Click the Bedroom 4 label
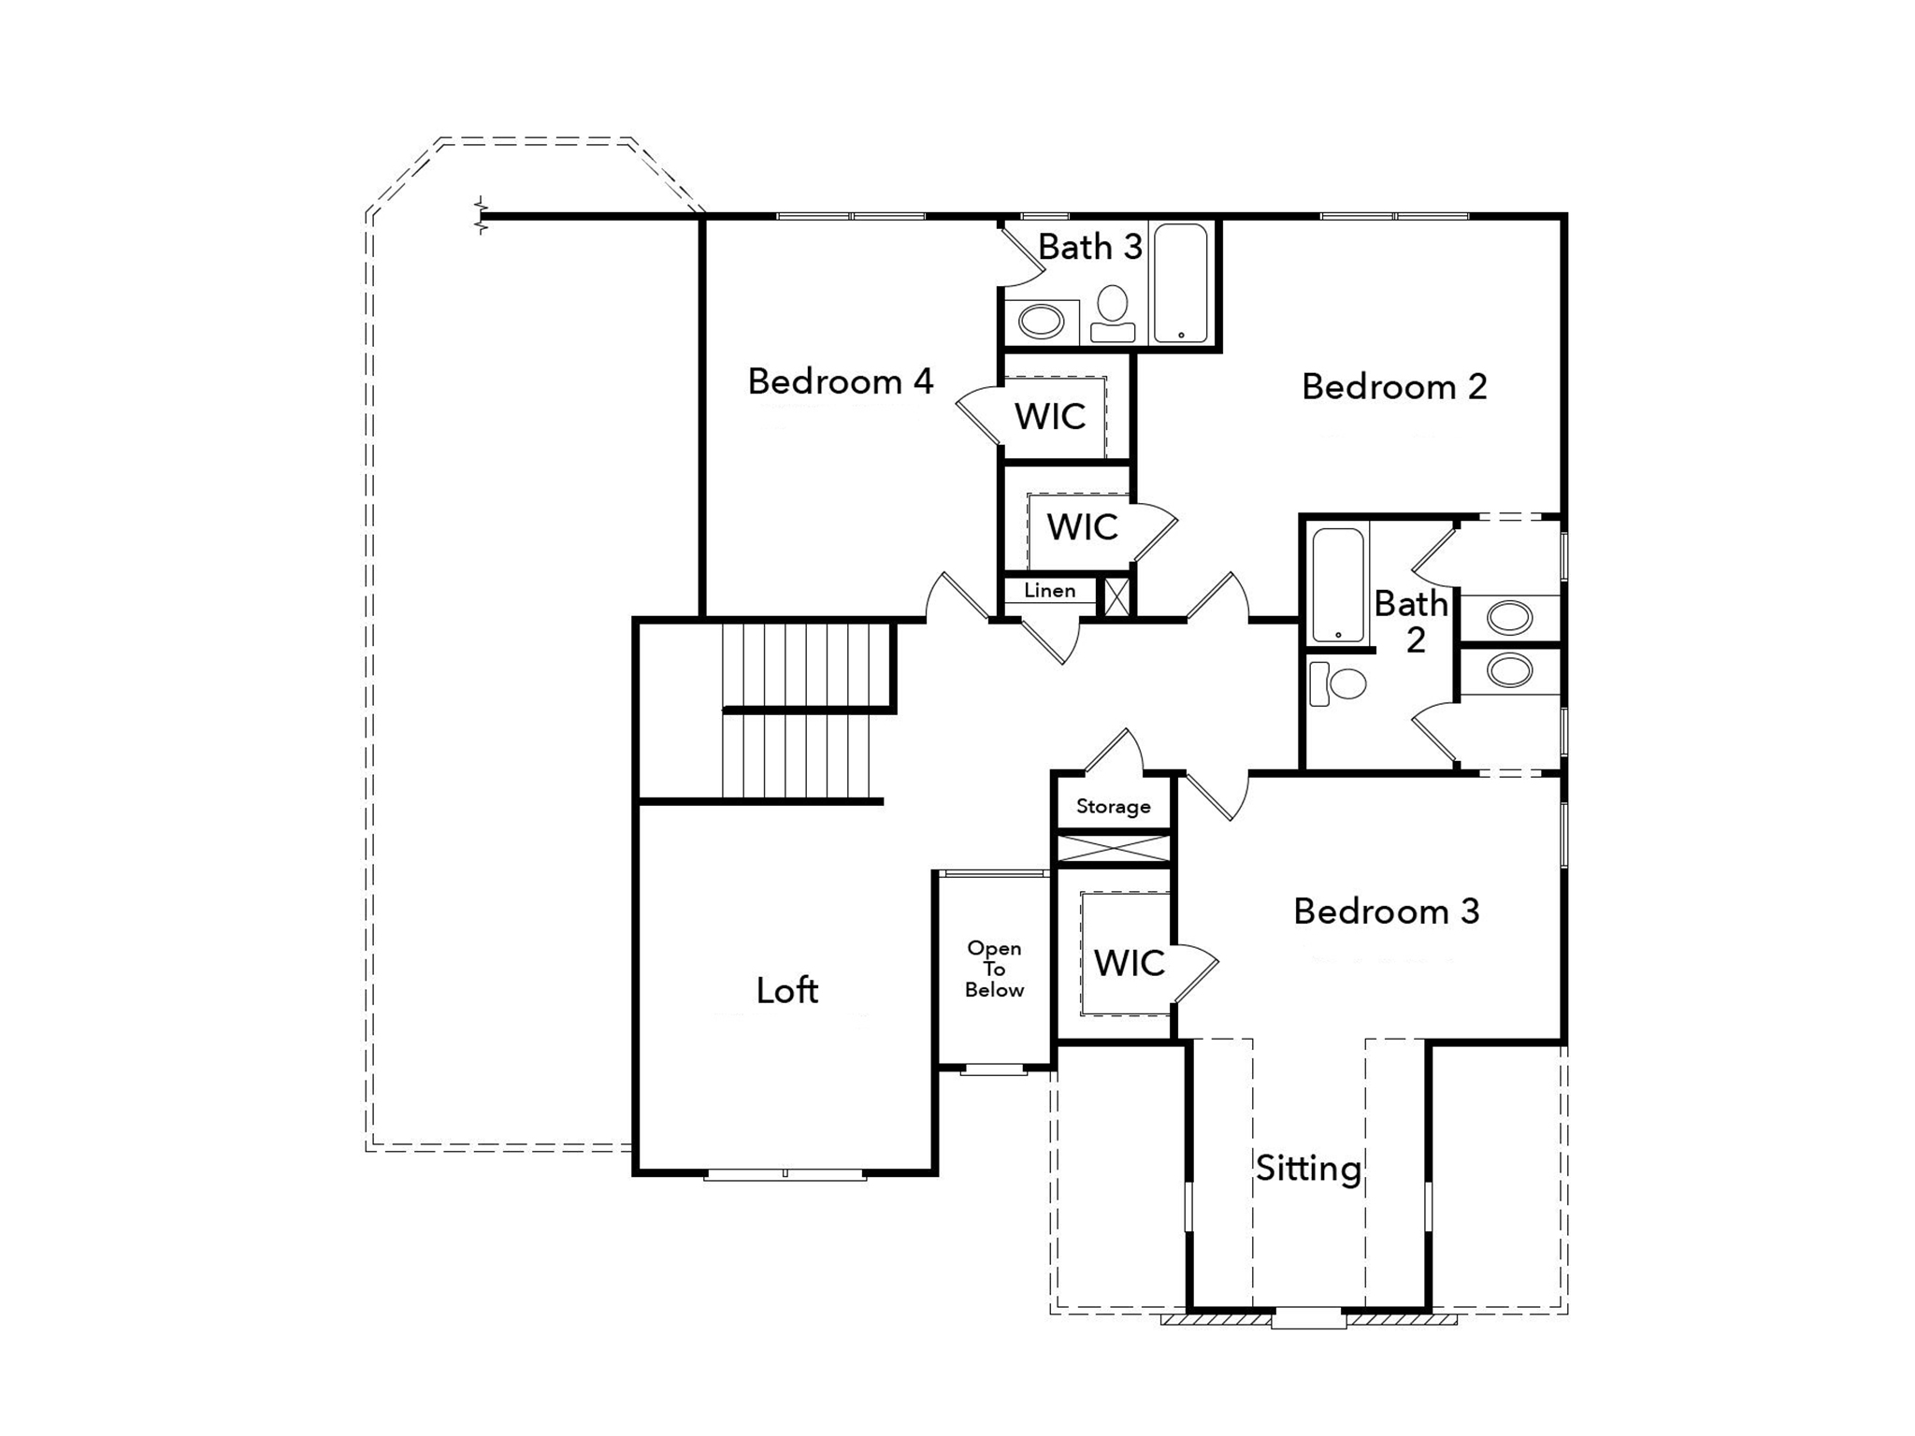tap(841, 381)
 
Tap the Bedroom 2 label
tap(1394, 387)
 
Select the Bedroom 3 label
tap(1387, 912)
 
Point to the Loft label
tap(787, 990)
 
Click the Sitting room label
tap(1308, 1169)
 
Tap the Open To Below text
tap(994, 969)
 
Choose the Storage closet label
tap(1113, 807)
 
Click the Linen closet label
tap(1049, 591)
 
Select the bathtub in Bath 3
tap(1181, 283)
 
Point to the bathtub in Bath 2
tap(1338, 585)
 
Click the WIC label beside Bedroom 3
tap(1129, 963)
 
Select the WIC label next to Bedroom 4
tap(1050, 417)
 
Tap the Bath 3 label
tap(1090, 247)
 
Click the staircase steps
tap(805, 711)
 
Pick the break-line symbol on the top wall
tap(482, 216)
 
